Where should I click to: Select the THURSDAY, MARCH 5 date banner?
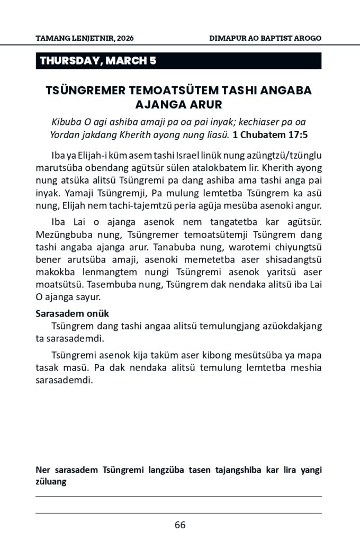[98, 61]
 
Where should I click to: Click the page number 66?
[180, 525]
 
